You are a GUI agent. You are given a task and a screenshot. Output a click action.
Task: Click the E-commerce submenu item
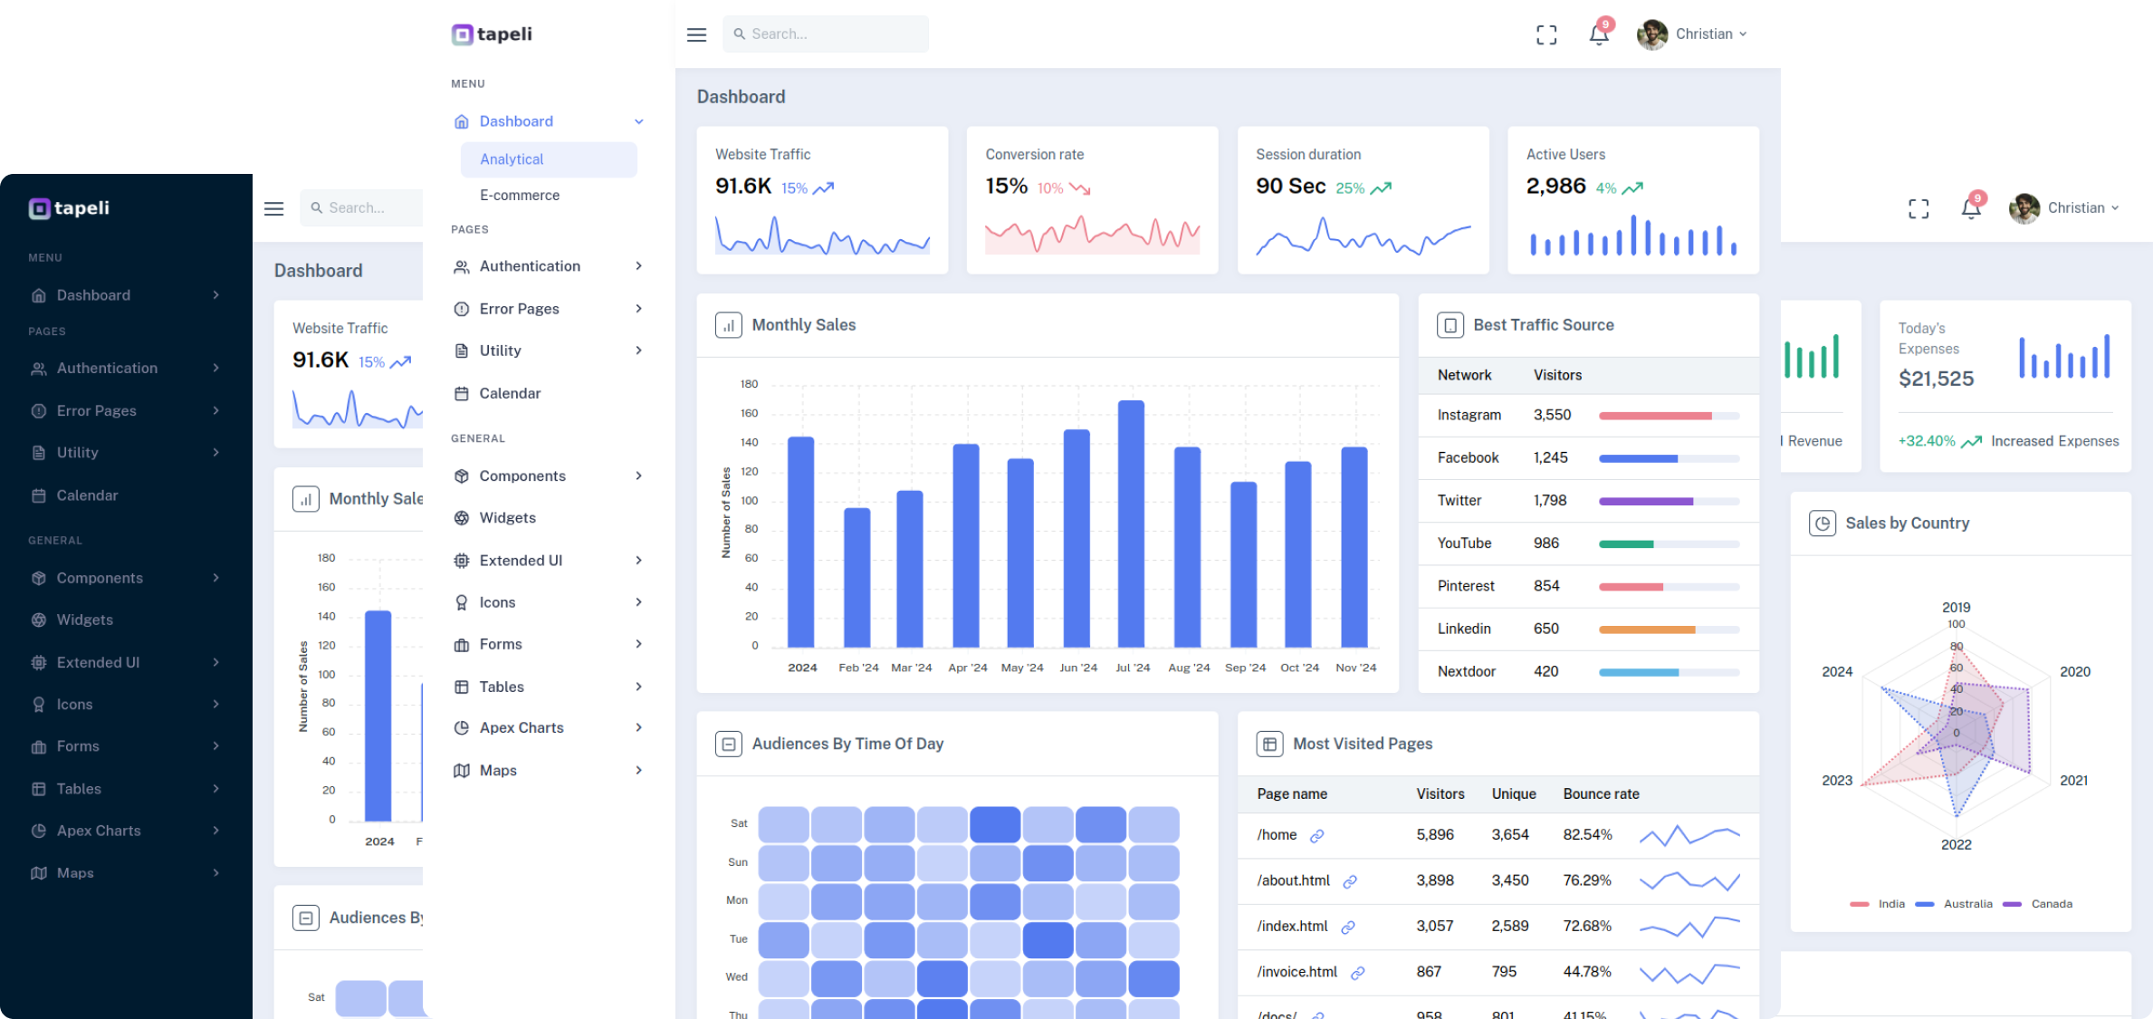point(519,195)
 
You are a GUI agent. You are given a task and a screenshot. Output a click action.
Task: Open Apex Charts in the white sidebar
point(522,727)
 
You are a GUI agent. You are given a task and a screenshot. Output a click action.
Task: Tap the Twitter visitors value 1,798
point(1549,500)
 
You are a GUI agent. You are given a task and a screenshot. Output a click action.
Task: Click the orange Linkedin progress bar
point(1646,630)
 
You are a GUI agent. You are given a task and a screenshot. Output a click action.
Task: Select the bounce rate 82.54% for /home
point(1586,834)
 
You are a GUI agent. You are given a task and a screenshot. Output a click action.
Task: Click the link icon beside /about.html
point(1349,881)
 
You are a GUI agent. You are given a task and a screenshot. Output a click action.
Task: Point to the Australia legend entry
point(1966,904)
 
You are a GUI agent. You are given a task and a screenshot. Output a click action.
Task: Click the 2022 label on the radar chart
point(1956,844)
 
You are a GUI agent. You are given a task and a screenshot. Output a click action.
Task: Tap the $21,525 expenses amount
point(1936,379)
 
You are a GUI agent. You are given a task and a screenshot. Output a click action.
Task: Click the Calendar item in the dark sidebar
point(87,495)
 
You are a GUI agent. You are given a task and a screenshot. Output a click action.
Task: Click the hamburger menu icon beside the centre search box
point(696,34)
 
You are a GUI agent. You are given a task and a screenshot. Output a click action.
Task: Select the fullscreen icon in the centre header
point(1546,34)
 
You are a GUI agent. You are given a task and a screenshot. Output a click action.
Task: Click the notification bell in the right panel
point(1970,208)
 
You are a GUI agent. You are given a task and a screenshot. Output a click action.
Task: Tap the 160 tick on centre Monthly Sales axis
point(749,413)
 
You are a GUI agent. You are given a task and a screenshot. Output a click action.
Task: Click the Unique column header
point(1513,793)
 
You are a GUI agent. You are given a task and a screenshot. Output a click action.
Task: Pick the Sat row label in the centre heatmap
point(739,823)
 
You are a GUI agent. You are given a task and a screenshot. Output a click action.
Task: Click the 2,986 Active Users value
point(1555,186)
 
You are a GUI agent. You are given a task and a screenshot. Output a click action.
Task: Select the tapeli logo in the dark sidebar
point(69,208)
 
